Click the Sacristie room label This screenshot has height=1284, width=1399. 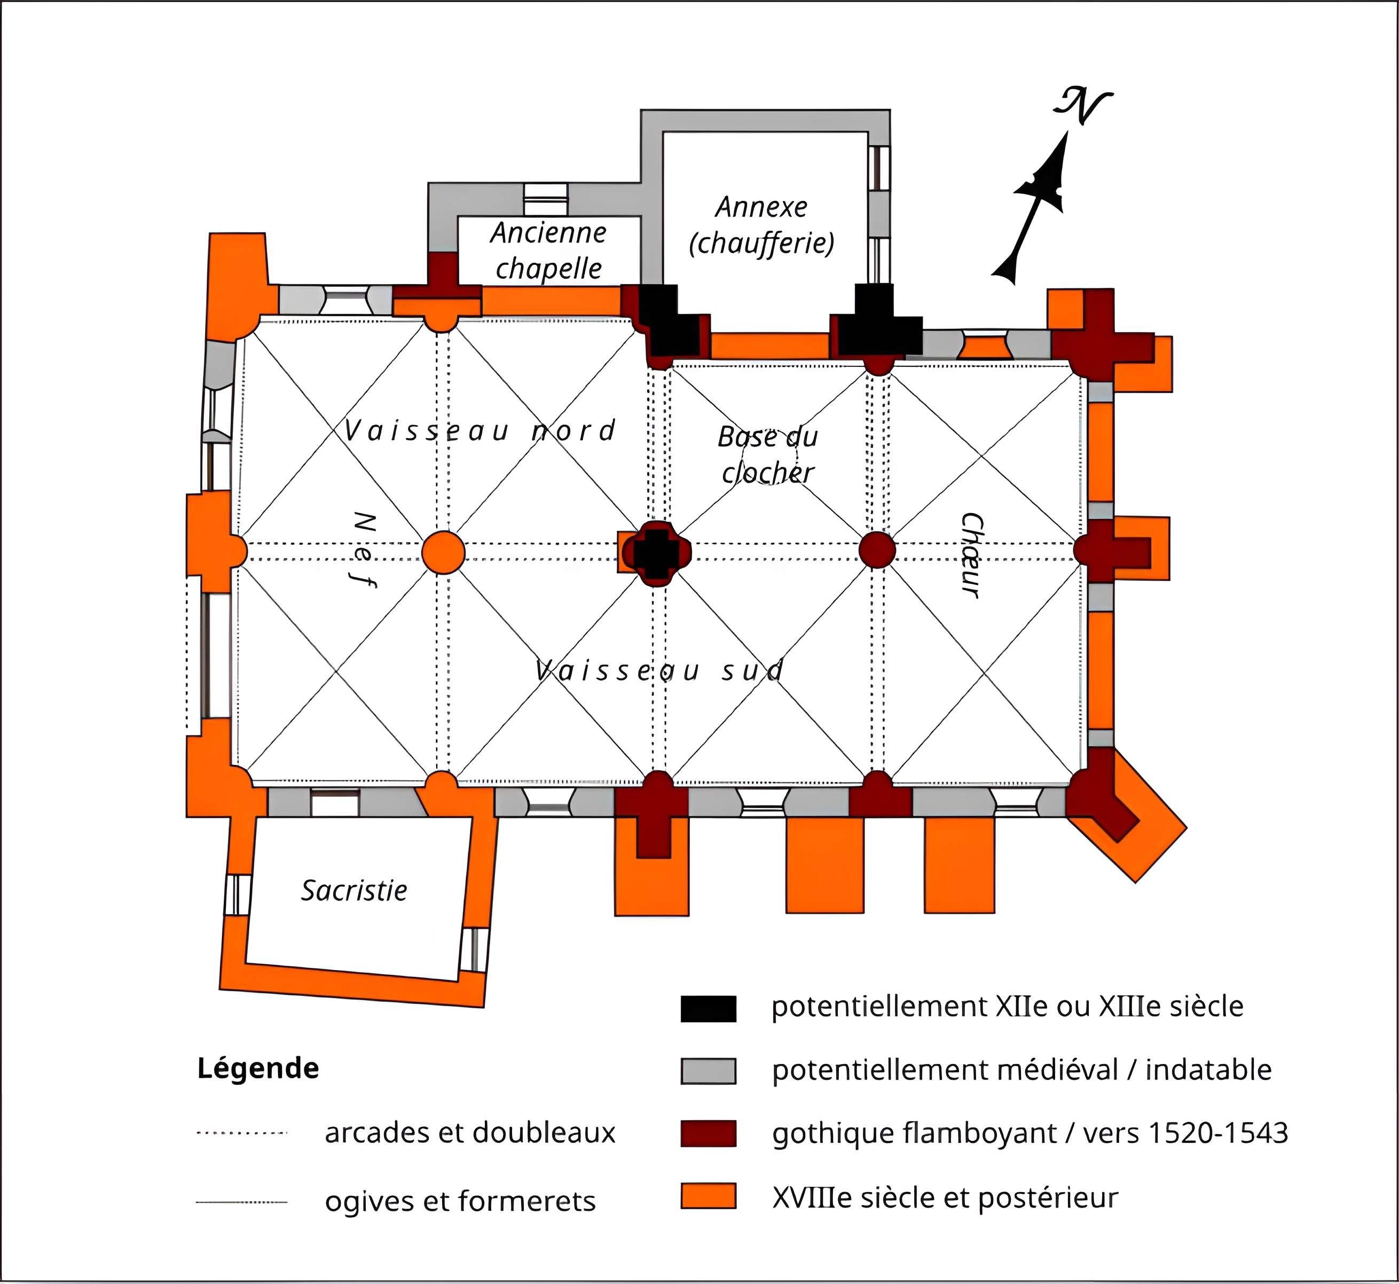click(353, 890)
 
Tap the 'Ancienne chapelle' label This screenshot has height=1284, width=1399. click(548, 250)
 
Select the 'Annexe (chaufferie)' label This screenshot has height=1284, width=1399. click(761, 225)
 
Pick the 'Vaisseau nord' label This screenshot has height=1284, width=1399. click(480, 431)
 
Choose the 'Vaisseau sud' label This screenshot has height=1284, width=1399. click(660, 670)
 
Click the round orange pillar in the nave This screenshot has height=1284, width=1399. click(443, 552)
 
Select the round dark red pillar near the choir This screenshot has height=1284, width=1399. click(877, 550)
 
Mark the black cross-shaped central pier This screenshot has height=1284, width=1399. click(656, 552)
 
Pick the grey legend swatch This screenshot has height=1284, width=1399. click(708, 1071)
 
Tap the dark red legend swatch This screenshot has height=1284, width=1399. click(708, 1133)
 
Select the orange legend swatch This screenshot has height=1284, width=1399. click(708, 1196)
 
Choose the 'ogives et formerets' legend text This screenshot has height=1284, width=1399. click(460, 1201)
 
